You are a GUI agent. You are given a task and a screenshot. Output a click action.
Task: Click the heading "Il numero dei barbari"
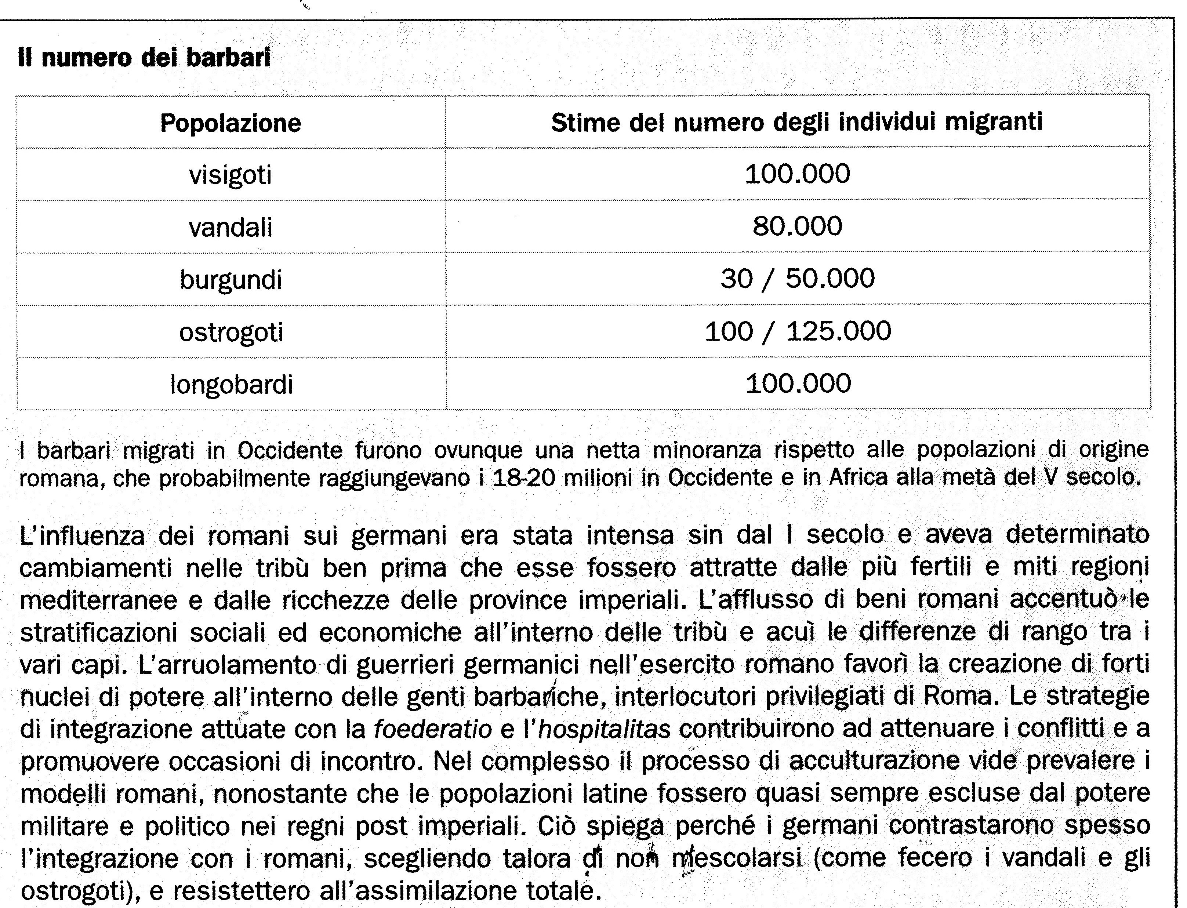point(144,58)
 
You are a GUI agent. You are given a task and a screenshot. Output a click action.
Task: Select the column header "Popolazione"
point(231,123)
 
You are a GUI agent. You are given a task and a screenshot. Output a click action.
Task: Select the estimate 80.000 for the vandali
point(797,226)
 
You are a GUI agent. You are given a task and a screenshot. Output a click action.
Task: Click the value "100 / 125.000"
point(798,331)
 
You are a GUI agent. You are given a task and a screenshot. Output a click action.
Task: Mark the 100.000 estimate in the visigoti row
point(797,174)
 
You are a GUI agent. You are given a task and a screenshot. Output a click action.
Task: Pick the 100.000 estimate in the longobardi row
point(798,383)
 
